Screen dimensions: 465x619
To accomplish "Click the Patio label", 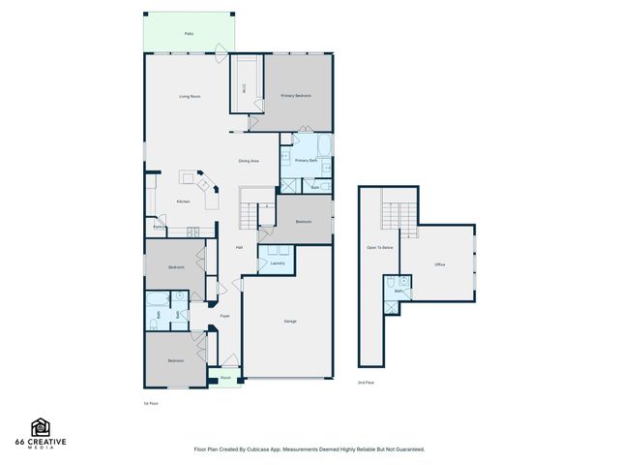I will (x=189, y=33).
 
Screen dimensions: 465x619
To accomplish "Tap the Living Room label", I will (x=189, y=97).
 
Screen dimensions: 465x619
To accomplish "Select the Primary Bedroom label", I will (x=296, y=96).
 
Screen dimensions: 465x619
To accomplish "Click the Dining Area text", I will (x=249, y=161).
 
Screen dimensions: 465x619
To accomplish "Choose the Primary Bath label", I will (x=307, y=160).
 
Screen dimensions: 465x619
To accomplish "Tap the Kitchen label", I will (x=183, y=201).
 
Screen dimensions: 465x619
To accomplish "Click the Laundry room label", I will (x=277, y=263).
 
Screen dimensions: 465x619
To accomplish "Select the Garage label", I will (x=290, y=321).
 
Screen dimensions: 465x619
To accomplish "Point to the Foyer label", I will (x=224, y=317).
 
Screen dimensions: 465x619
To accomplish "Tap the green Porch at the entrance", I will (x=225, y=378).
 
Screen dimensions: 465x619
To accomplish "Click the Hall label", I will (x=239, y=248).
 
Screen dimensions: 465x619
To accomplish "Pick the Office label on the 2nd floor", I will (x=439, y=263).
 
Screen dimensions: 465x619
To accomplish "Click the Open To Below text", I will (x=379, y=248).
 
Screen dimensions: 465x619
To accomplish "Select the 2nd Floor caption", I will (x=367, y=383).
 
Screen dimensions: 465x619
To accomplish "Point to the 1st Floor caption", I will (x=150, y=402).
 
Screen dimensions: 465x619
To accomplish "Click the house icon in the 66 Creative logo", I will (x=41, y=427).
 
